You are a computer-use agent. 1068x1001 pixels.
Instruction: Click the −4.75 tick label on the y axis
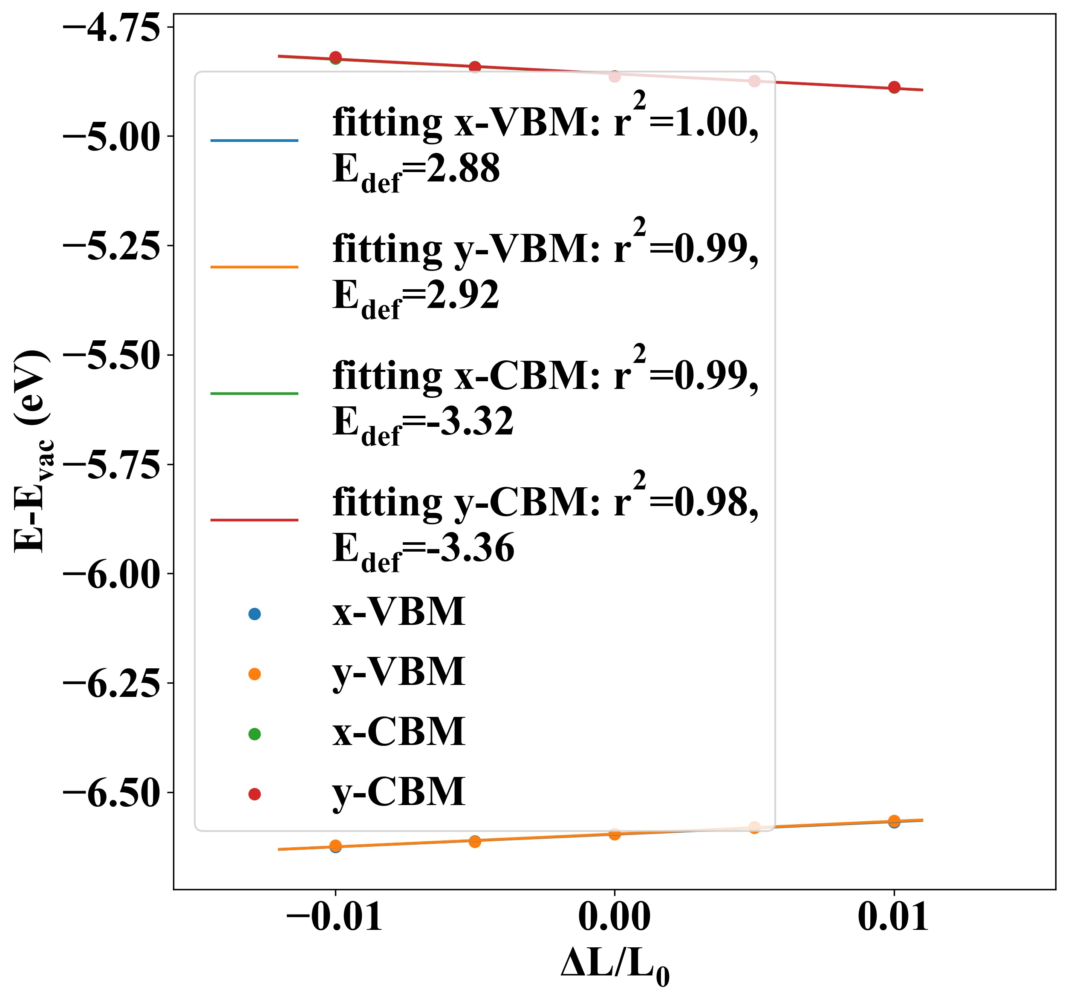click(x=112, y=28)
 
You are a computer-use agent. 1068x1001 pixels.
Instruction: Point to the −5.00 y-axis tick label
click(x=112, y=137)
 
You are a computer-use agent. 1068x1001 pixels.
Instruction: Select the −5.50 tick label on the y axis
click(x=112, y=356)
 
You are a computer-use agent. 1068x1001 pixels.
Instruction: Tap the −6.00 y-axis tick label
click(x=112, y=574)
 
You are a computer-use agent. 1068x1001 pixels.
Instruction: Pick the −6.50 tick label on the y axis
click(x=112, y=793)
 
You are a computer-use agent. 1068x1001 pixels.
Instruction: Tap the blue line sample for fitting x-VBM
click(x=254, y=141)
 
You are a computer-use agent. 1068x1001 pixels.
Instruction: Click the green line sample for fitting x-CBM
click(x=254, y=394)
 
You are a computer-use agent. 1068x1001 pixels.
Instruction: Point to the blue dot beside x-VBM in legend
click(x=255, y=614)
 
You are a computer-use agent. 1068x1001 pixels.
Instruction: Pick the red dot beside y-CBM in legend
click(x=255, y=794)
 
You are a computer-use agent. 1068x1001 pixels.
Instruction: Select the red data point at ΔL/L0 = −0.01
click(x=336, y=58)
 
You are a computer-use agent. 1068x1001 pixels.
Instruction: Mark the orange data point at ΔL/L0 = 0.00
click(x=615, y=834)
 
